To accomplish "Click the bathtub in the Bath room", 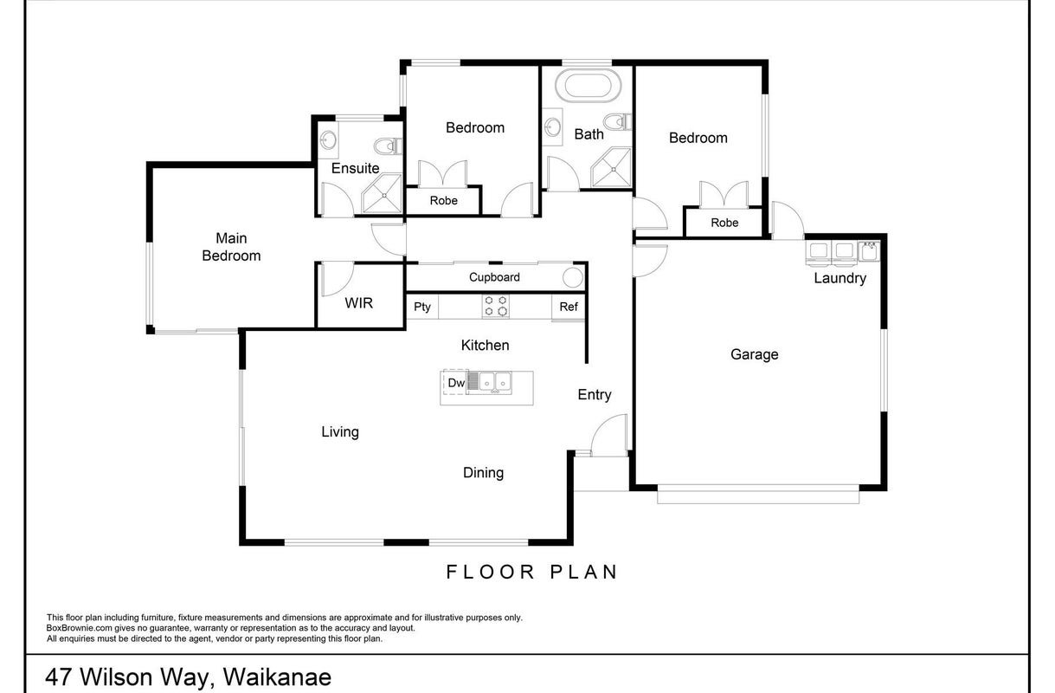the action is (588, 86).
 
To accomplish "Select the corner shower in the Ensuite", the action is (382, 194).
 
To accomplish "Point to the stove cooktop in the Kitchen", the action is (495, 306).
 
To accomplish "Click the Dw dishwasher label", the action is (456, 383).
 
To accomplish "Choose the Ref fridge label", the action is (569, 307).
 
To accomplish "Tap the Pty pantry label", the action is (422, 307).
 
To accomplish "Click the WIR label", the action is (358, 303).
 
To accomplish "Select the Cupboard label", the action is (494, 277).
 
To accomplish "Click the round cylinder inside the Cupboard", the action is (573, 278).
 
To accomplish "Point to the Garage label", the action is (754, 354).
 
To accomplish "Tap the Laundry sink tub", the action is (869, 251).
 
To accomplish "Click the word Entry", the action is (595, 395).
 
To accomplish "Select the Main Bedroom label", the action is (231, 247).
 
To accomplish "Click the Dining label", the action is (483, 472).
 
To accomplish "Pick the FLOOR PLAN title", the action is (531, 572).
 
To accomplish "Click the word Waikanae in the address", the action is (277, 677).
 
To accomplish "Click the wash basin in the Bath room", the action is (552, 126).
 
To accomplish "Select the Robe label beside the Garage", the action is (724, 223).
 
